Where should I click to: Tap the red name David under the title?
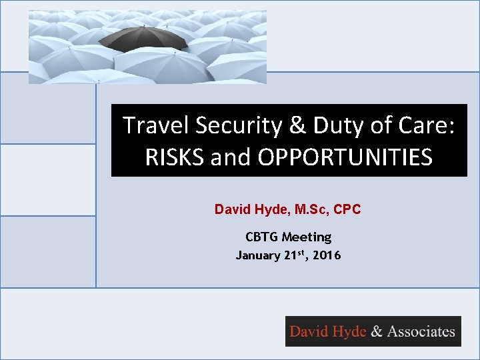click(230, 209)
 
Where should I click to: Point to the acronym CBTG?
click(261, 237)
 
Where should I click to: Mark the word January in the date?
click(257, 255)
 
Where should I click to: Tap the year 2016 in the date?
click(327, 255)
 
